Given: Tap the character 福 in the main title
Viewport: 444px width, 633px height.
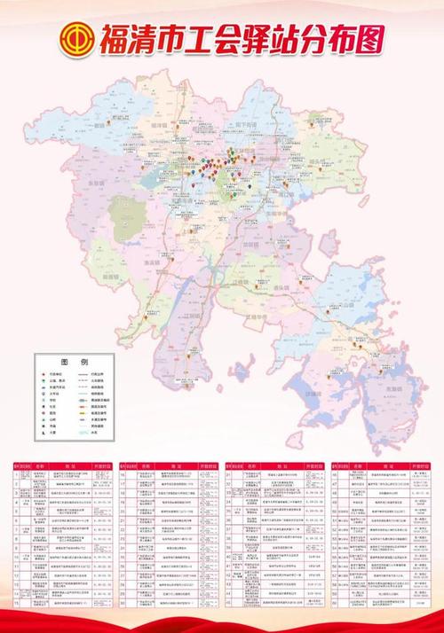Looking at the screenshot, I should [x=116, y=38].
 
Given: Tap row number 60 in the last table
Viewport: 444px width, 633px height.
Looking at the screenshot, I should [x=338, y=603].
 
